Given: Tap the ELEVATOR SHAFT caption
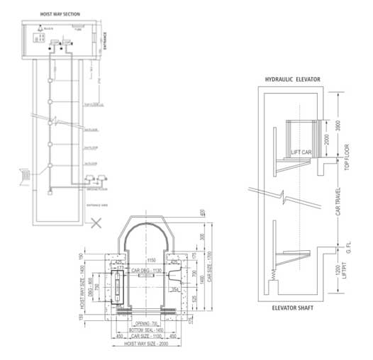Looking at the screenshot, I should click(x=294, y=309).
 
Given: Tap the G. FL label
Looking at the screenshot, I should click(x=347, y=244).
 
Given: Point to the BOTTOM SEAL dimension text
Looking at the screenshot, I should click(x=150, y=330).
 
